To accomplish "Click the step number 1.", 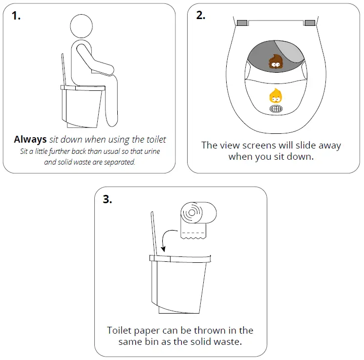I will (17, 15).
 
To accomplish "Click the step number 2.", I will (200, 15).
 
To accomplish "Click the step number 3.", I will (107, 199).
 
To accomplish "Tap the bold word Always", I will (30, 140).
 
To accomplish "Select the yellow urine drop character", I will (276, 96).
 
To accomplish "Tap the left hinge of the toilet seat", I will (241, 22).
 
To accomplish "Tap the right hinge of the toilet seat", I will (310, 22).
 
